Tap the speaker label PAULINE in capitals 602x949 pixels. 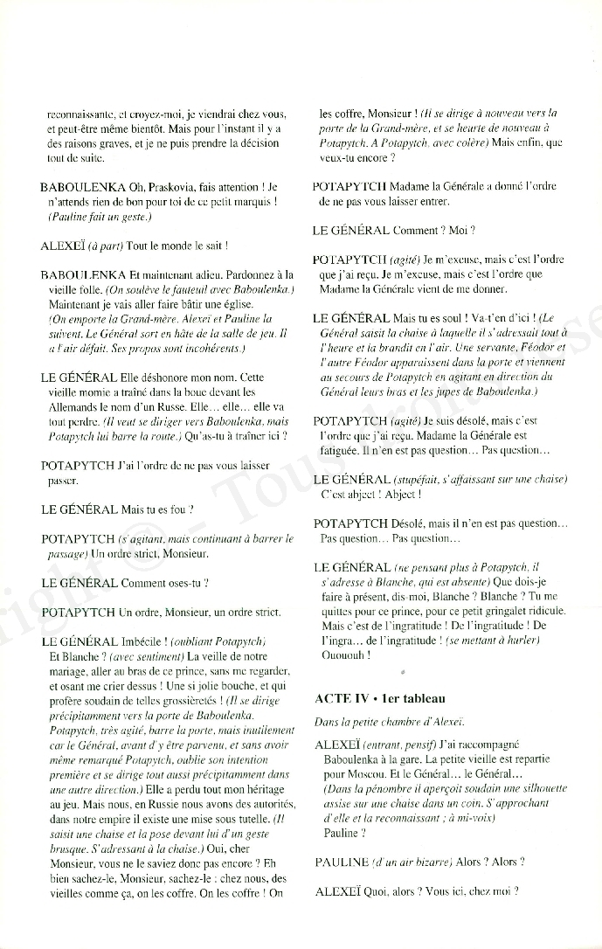click(x=341, y=862)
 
